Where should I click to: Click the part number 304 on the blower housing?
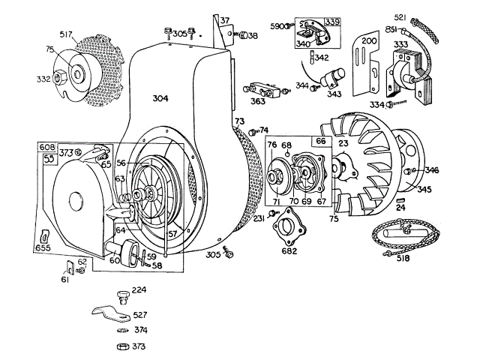(160, 98)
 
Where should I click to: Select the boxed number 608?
(46, 147)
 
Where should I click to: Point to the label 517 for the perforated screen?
(66, 34)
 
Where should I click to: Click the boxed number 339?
(332, 22)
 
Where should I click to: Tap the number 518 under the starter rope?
(403, 258)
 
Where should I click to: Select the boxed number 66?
(321, 141)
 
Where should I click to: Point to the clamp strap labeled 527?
(112, 313)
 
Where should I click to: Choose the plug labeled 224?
(123, 298)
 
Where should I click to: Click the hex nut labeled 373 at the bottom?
(123, 346)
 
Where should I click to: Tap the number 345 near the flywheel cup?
(424, 189)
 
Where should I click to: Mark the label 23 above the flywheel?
(343, 143)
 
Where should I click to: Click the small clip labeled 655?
(45, 237)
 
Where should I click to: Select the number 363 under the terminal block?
(258, 101)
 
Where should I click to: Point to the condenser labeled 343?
(332, 78)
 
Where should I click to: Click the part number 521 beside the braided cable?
(400, 17)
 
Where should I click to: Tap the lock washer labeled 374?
(123, 331)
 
